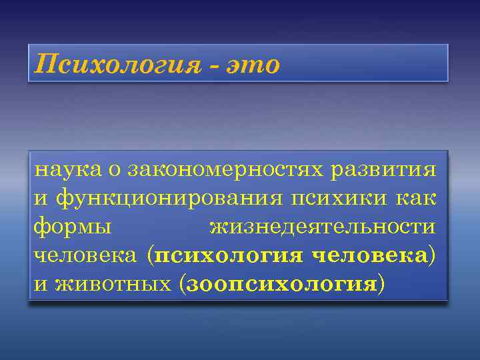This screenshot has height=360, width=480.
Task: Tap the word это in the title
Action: coord(254,65)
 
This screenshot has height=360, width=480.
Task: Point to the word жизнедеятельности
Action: coord(323,227)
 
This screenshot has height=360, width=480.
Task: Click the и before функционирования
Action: coord(41,199)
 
